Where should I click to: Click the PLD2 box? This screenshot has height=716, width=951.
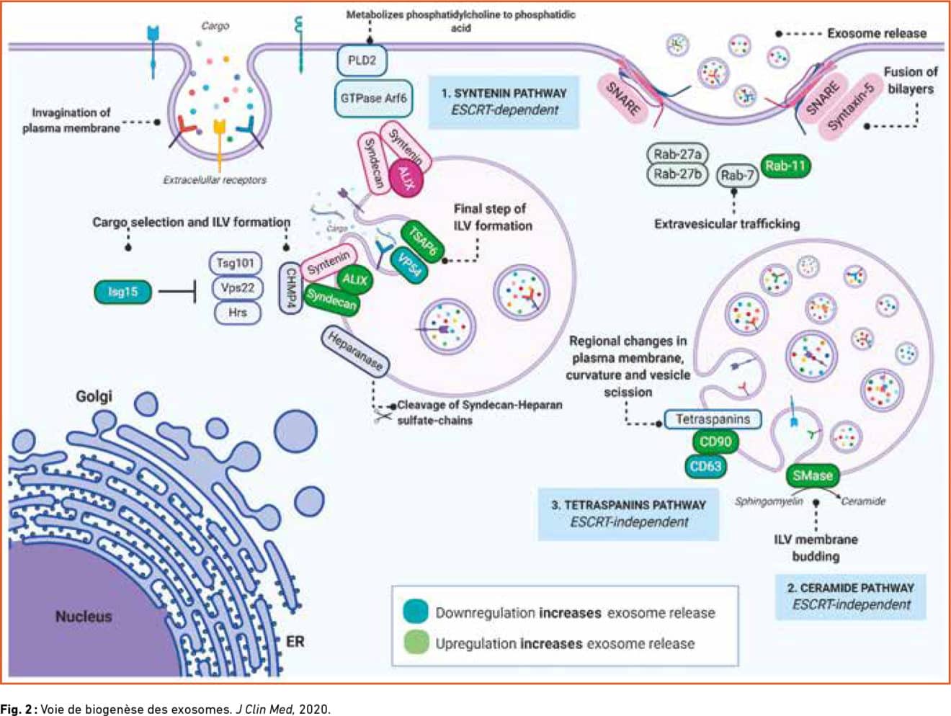click(362, 61)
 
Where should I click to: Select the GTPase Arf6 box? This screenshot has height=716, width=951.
click(373, 98)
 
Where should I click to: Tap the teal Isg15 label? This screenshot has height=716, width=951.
click(123, 292)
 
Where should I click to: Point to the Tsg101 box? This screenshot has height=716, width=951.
click(236, 263)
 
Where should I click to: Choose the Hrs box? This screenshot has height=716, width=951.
click(237, 313)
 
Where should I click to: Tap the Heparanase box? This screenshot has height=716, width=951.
click(355, 352)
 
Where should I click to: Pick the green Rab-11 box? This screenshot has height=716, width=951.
click(785, 166)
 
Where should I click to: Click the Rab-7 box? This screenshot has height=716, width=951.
click(737, 175)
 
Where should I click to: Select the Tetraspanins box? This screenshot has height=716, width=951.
click(713, 419)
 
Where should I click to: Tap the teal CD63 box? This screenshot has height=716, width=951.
click(705, 466)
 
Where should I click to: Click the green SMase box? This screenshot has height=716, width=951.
click(813, 475)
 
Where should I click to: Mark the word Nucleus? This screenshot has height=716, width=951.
click(84, 617)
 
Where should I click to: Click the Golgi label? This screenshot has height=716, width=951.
click(94, 396)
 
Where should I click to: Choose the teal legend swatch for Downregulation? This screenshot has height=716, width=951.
click(416, 612)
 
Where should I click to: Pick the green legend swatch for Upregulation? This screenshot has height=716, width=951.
click(416, 643)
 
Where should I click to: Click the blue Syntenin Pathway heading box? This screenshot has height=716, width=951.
click(504, 102)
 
